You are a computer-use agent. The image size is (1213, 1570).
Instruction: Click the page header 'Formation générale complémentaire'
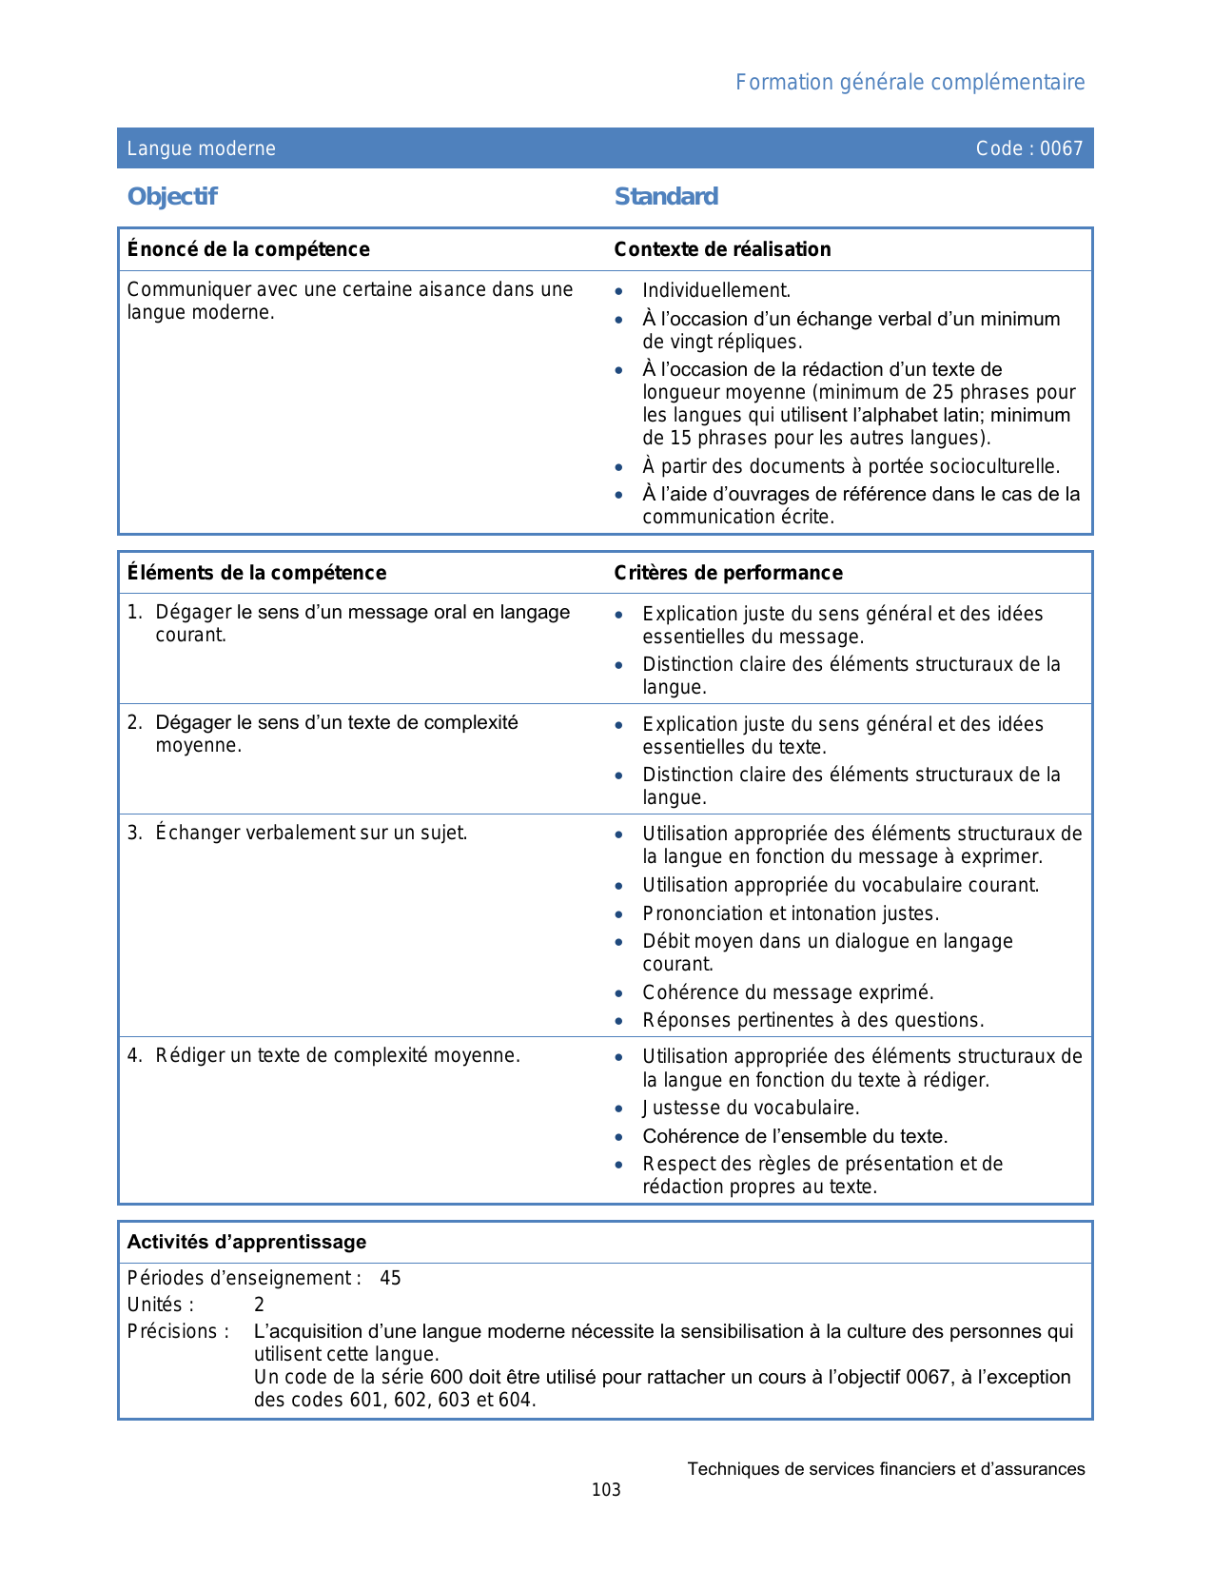tap(910, 83)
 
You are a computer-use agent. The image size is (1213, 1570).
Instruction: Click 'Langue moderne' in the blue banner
tap(202, 148)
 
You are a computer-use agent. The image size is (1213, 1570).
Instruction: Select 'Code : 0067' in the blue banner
tap(1029, 148)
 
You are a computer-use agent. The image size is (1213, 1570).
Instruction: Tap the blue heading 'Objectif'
tap(172, 197)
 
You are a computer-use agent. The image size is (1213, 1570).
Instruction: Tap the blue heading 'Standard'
tap(666, 197)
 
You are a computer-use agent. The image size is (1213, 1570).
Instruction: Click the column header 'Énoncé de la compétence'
tap(248, 249)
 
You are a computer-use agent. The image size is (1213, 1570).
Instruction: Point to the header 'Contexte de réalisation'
tap(722, 249)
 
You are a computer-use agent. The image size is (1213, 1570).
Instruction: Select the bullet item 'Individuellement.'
tap(716, 291)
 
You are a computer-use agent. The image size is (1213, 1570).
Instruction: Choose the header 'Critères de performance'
tap(728, 573)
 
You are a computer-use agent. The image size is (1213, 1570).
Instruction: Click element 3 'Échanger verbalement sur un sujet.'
tap(311, 834)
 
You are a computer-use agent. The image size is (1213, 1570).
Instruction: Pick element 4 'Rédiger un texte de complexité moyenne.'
tap(338, 1056)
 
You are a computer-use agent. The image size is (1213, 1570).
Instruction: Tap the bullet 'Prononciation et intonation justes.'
tap(791, 914)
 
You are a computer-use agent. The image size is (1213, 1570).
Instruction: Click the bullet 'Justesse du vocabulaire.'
tap(751, 1109)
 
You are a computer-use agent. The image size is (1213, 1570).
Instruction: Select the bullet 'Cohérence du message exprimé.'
tap(788, 993)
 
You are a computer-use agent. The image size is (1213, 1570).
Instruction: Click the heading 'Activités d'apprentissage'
tap(246, 1243)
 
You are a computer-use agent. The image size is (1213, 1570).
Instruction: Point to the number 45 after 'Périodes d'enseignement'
tap(390, 1279)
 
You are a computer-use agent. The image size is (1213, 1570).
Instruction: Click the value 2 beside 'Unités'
tap(259, 1305)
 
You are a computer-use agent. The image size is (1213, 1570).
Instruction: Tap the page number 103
tap(606, 1491)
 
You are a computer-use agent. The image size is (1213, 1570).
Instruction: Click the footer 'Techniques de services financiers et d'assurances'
tap(886, 1470)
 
